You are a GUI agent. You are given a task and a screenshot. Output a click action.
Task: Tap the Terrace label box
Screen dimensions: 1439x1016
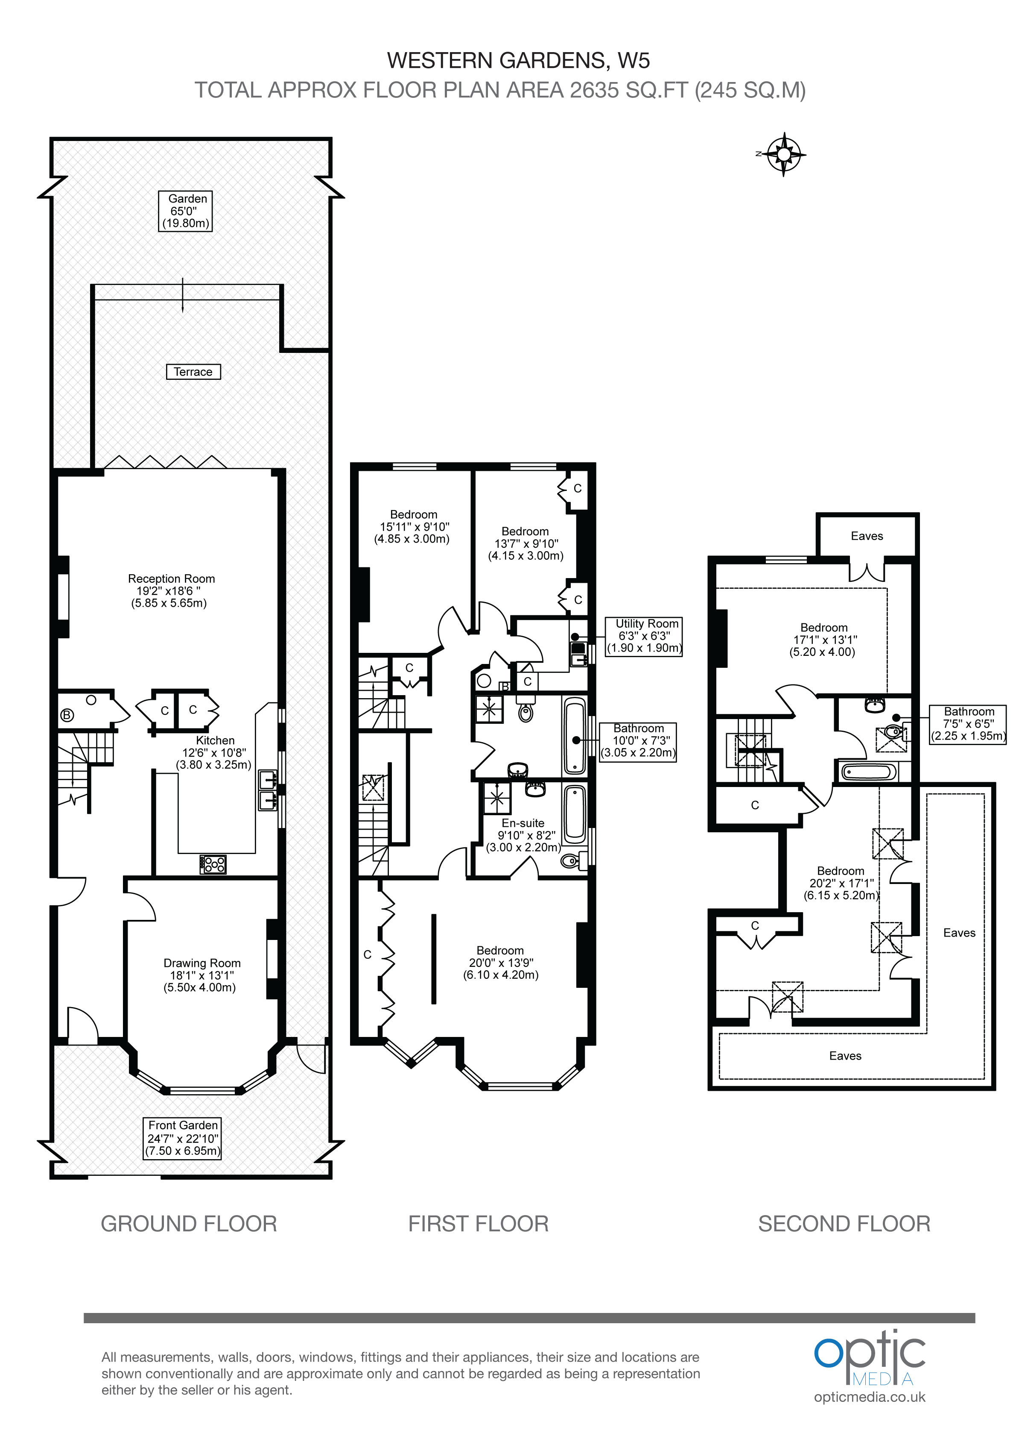pyautogui.click(x=193, y=372)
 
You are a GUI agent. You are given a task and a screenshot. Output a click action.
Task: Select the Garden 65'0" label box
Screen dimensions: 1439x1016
pyautogui.click(x=185, y=211)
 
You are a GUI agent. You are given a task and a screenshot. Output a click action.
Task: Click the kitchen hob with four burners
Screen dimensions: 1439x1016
pyautogui.click(x=213, y=864)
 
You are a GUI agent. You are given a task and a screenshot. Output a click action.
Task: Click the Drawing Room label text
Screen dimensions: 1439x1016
pyautogui.click(x=201, y=975)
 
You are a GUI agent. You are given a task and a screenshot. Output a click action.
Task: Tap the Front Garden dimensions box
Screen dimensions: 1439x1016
pyautogui.click(x=183, y=1138)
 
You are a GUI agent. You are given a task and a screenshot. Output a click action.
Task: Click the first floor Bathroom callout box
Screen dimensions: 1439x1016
pyautogui.click(x=638, y=741)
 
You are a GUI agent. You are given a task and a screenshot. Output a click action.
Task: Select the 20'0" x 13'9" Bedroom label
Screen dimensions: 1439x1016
pyautogui.click(x=500, y=963)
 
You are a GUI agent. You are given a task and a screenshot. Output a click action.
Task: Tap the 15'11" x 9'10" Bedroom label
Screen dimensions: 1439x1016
pyautogui.click(x=413, y=526)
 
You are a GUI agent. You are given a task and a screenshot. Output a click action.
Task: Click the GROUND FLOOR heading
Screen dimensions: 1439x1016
pyautogui.click(x=189, y=1223)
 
